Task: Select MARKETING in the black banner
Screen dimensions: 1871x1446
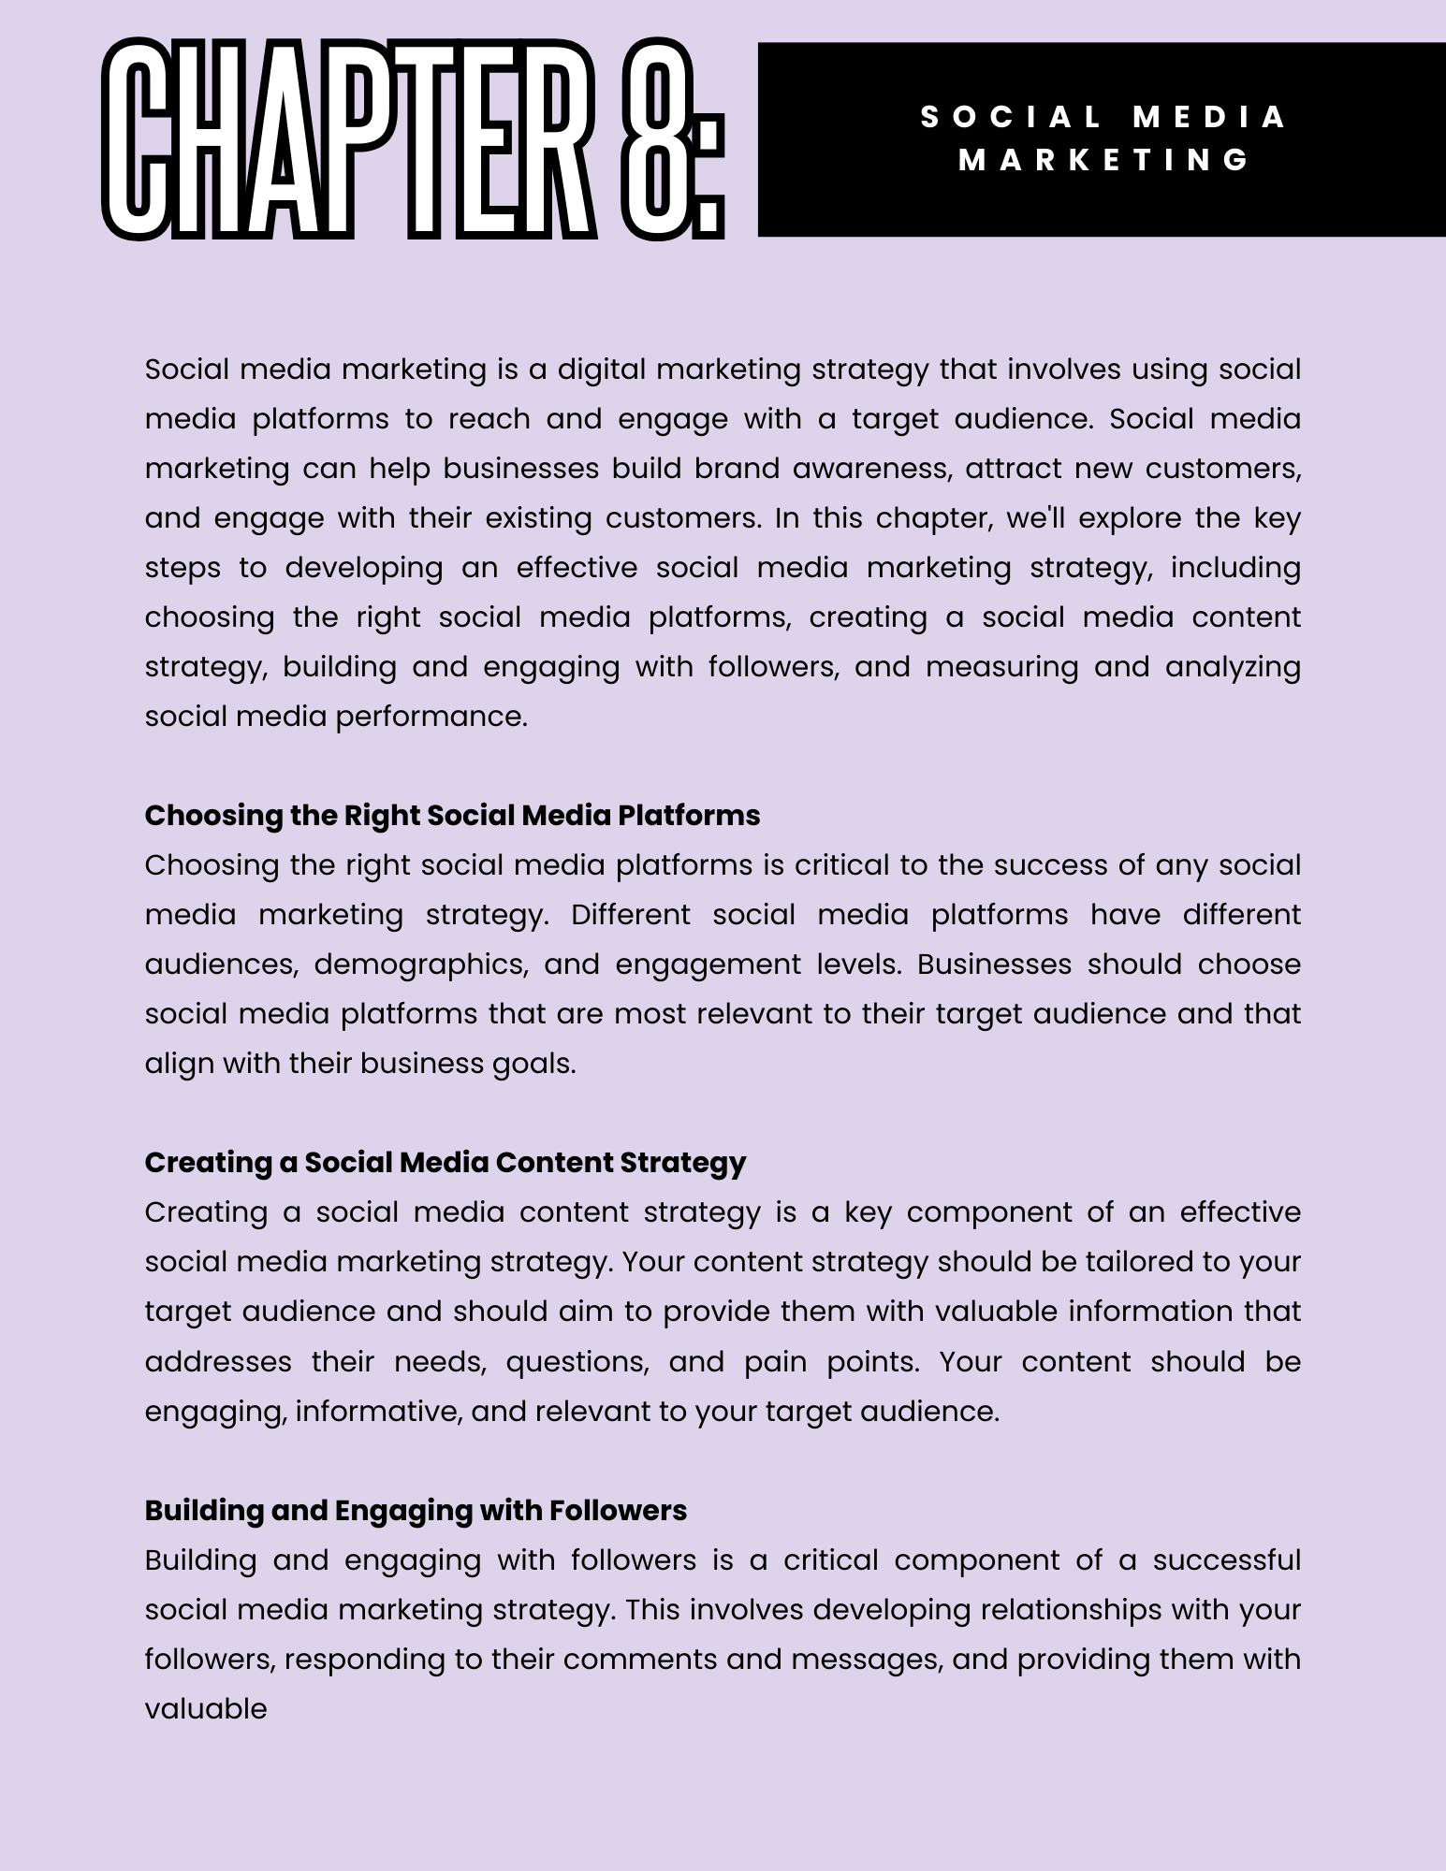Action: click(1104, 160)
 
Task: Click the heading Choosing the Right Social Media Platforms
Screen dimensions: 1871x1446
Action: click(452, 816)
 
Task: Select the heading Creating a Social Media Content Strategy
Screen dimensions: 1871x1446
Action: click(445, 1163)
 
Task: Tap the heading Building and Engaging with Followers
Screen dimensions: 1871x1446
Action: click(416, 1510)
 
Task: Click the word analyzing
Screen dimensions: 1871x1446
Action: click(1233, 667)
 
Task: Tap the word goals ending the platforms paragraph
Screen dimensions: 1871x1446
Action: click(533, 1064)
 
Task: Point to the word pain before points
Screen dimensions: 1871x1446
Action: click(775, 1361)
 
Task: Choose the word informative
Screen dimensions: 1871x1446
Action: click(379, 1411)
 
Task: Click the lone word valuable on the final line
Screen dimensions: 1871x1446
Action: click(206, 1708)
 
